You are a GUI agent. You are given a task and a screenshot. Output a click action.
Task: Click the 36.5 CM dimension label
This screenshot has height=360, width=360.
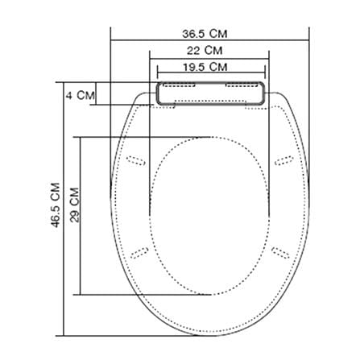[x=205, y=34]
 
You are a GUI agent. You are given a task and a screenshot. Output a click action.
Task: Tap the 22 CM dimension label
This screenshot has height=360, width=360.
[x=205, y=50]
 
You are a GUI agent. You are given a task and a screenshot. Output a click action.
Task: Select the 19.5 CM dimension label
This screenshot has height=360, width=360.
[x=205, y=67]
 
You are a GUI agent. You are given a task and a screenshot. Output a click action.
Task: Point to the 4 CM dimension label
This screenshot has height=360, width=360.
[x=81, y=95]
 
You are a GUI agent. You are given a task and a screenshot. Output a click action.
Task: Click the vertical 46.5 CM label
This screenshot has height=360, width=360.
[x=56, y=205]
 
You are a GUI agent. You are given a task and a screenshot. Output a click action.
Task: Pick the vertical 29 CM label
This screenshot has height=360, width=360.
[x=75, y=205]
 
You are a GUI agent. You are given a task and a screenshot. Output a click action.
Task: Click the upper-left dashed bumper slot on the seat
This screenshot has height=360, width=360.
[x=136, y=160]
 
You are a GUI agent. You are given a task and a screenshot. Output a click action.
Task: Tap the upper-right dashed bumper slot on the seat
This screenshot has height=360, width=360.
[x=283, y=160]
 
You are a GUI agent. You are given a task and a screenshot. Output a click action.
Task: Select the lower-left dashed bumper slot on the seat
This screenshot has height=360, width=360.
[x=139, y=253]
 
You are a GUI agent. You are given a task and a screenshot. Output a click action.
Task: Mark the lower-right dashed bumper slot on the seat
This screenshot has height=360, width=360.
[x=280, y=253]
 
